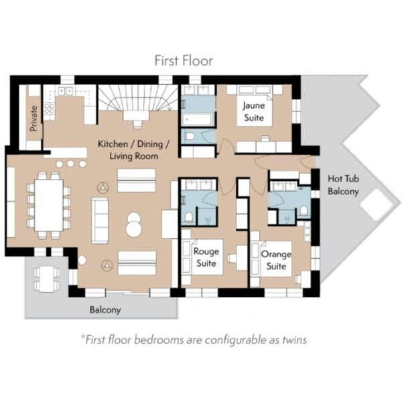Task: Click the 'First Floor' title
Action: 184,61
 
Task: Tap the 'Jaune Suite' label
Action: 253,112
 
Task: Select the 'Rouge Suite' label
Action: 206,257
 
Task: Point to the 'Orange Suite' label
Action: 276,260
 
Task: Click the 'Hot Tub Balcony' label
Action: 343,185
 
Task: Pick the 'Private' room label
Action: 33,119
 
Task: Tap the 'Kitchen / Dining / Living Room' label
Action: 133,150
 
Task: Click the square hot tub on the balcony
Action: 377,204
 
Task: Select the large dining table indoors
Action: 49,206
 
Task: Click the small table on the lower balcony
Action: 47,279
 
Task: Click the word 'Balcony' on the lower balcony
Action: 105,310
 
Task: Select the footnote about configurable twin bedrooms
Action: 194,340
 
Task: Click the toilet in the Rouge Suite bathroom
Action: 189,217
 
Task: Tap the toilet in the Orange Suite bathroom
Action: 304,211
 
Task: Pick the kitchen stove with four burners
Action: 49,109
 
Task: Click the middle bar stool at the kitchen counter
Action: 70,164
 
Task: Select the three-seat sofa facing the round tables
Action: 100,220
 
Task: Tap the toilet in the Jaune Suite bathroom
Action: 190,137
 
